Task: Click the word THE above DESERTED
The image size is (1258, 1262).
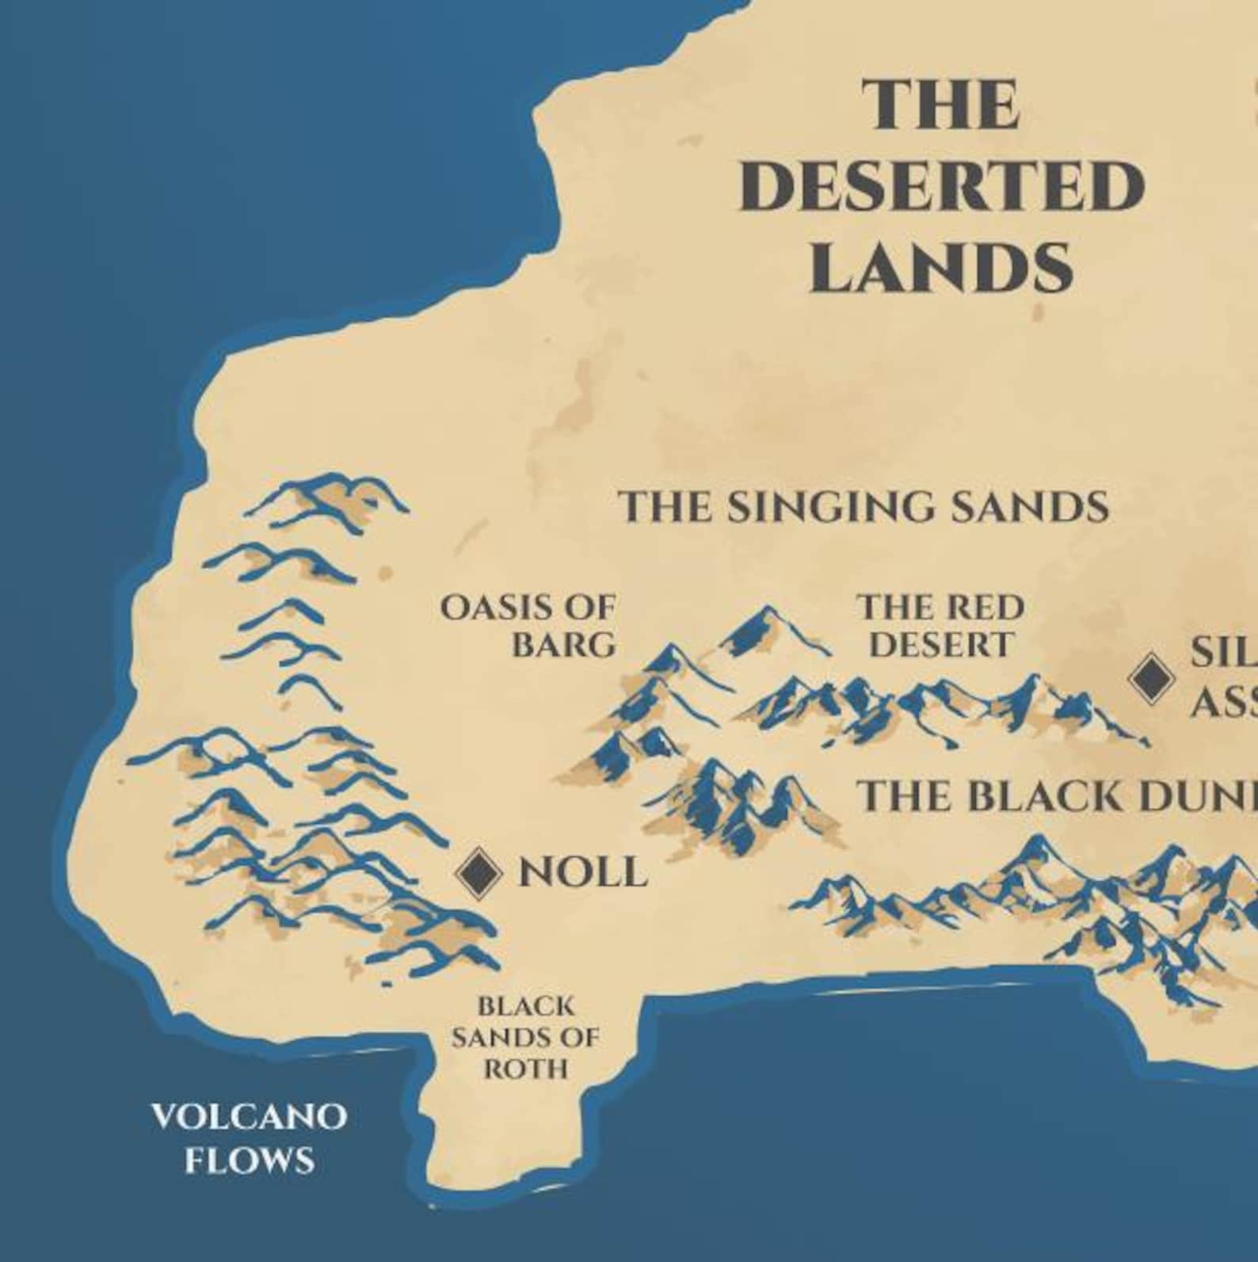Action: click(x=940, y=105)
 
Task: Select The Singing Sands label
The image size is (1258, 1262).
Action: click(x=863, y=506)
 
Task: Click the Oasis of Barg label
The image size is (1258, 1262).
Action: click(x=529, y=626)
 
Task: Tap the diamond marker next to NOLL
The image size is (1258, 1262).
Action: click(x=478, y=872)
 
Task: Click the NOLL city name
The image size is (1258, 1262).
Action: click(x=582, y=873)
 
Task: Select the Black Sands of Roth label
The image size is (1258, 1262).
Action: click(x=525, y=1038)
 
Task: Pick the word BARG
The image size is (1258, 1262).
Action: click(x=563, y=646)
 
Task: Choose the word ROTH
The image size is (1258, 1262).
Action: click(x=526, y=1069)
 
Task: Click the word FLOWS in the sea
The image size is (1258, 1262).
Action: click(x=249, y=1161)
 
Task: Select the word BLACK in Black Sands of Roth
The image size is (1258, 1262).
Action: click(x=525, y=1007)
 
